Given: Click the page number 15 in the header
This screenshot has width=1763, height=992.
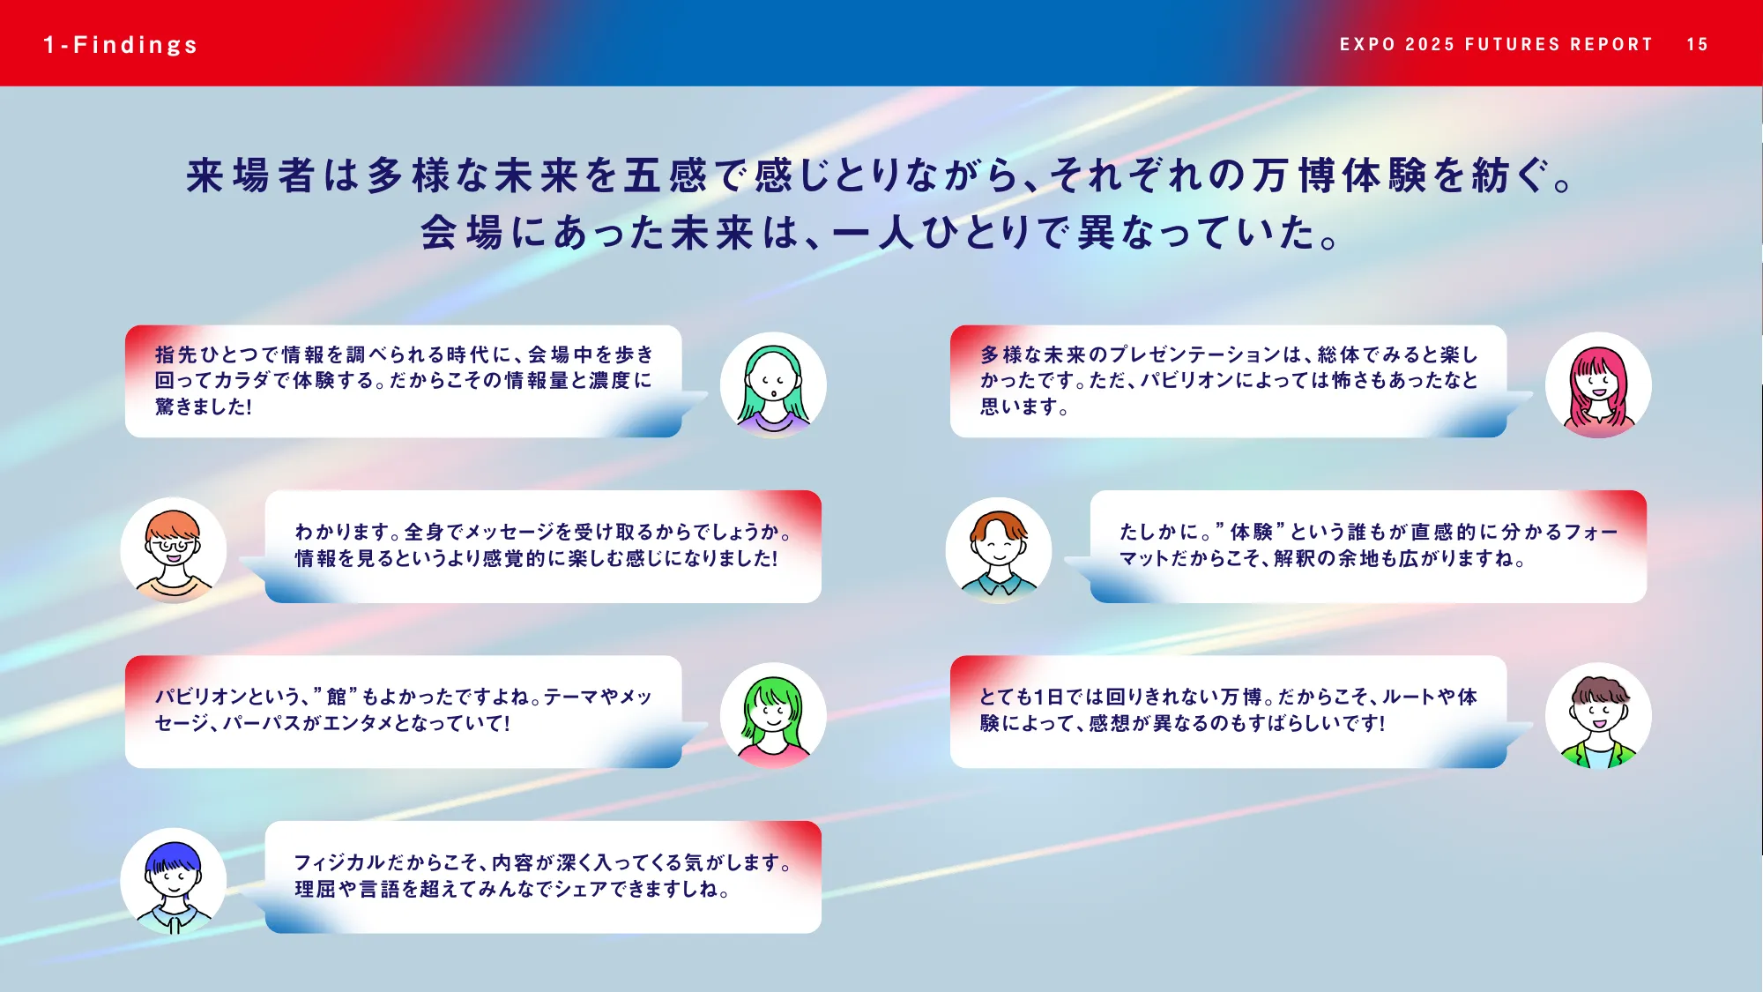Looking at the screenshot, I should coord(1697,45).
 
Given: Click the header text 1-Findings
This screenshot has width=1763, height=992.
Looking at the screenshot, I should coord(121,45).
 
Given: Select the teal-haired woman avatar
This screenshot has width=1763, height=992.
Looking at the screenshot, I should coord(773,385).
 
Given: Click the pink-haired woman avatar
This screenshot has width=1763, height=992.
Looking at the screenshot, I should coord(1598,385).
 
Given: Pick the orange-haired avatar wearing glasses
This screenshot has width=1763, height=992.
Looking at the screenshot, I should coord(174,550).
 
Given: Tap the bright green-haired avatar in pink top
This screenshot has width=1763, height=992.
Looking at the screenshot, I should coord(773,715).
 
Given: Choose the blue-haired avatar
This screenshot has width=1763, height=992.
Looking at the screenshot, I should coord(174,880).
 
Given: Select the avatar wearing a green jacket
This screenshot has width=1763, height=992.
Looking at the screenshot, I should coord(1598,715).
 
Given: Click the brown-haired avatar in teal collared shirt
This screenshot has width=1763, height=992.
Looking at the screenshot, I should coord(999,550).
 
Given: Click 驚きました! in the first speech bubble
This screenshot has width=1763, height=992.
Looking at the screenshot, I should coord(204,406).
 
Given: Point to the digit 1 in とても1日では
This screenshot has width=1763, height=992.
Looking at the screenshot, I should coord(1038,697).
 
